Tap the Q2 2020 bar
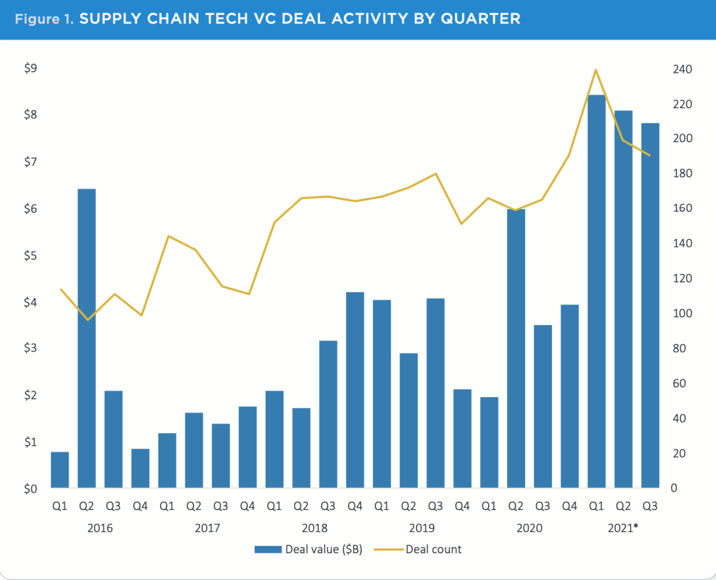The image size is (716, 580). coord(516,349)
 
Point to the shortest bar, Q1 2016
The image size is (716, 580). coord(60,470)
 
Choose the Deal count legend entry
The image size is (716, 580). coord(418,549)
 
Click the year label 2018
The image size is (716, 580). coord(314,529)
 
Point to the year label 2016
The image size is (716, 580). coord(100,529)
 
